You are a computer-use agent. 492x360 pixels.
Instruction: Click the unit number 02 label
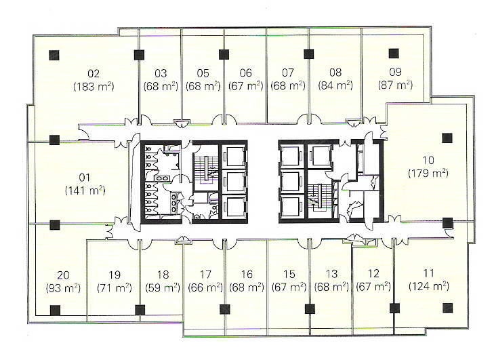point(94,73)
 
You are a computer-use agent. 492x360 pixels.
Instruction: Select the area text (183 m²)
point(94,86)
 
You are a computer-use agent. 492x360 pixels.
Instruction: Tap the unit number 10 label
point(428,160)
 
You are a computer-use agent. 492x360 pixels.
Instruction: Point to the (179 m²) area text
point(428,173)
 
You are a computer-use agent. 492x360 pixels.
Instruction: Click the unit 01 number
point(85,178)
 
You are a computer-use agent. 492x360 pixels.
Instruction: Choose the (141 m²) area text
point(85,191)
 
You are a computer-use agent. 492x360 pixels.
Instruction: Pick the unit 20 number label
point(63,275)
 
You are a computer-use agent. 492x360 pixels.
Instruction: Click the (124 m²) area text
point(428,286)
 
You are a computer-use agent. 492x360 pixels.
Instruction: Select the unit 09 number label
point(395,72)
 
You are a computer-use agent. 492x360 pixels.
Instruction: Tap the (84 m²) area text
point(335,85)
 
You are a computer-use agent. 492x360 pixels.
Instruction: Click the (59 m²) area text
point(163,287)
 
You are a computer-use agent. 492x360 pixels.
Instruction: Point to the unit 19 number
point(115,275)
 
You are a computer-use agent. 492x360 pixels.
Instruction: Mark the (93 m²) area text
point(63,288)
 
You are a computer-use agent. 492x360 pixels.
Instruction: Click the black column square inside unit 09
point(394,54)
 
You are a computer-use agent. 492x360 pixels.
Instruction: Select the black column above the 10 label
point(447,138)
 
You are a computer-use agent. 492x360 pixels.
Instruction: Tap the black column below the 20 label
point(55,311)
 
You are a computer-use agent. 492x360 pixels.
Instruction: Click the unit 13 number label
point(331,274)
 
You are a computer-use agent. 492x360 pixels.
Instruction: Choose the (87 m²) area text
point(395,85)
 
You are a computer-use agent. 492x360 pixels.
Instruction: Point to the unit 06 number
point(246,73)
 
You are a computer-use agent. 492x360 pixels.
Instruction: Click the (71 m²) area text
point(115,288)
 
